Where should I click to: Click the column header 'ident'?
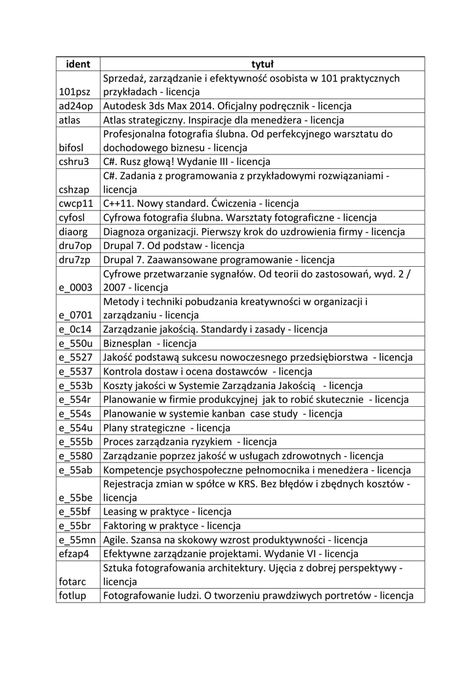click(77, 64)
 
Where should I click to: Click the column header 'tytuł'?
click(262, 64)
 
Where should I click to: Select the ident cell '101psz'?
click(75, 92)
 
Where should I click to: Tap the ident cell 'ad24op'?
click(76, 106)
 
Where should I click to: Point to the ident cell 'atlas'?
click(69, 120)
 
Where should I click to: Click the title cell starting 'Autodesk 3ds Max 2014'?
click(227, 106)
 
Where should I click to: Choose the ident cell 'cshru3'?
click(74, 162)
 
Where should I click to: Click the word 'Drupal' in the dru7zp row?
click(118, 260)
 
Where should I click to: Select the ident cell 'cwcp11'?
click(76, 204)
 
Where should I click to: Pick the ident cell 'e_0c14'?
click(75, 329)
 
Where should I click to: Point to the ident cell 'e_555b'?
click(76, 442)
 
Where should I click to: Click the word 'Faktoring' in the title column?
click(125, 526)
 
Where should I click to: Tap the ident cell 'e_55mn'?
click(77, 540)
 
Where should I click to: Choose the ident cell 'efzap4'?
click(74, 554)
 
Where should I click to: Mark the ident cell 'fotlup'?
click(72, 596)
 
